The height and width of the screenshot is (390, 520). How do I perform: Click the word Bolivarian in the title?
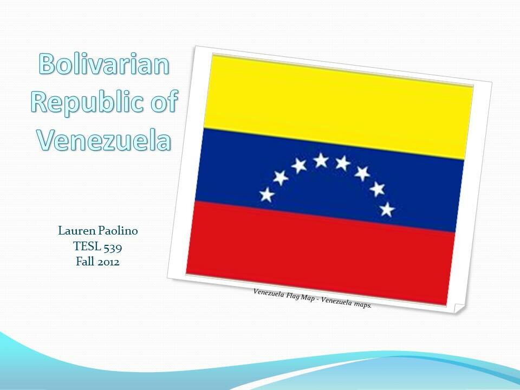tap(104, 63)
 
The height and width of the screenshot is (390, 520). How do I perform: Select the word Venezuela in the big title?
tap(104, 140)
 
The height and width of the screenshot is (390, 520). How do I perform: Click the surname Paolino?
tap(117, 231)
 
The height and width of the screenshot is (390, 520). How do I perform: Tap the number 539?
tap(113, 247)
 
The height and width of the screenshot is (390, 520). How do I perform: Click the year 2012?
tap(108, 262)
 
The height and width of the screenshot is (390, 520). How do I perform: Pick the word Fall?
tap(85, 262)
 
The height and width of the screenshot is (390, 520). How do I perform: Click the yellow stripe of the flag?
tap(337, 106)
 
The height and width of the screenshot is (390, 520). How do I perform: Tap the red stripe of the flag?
tap(320, 253)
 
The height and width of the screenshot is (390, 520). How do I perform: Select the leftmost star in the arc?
tap(267, 194)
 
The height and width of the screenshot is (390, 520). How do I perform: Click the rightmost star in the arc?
tap(387, 210)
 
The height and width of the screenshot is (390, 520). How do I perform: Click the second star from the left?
tap(281, 178)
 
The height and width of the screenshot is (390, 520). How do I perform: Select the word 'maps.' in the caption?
tap(363, 304)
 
